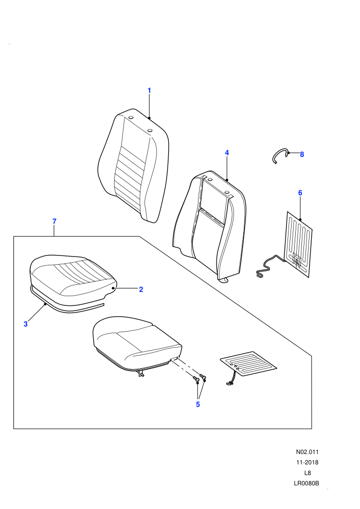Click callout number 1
(149, 90)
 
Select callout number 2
(141, 289)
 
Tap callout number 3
(26, 323)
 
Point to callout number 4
(227, 153)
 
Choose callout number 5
(197, 405)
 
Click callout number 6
(300, 193)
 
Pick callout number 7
(54, 222)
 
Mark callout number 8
(302, 155)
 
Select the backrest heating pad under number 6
(298, 244)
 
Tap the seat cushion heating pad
(248, 363)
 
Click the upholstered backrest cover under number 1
(133, 166)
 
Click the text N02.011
(307, 452)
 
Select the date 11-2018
(307, 462)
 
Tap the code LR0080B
(307, 483)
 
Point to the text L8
(308, 473)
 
